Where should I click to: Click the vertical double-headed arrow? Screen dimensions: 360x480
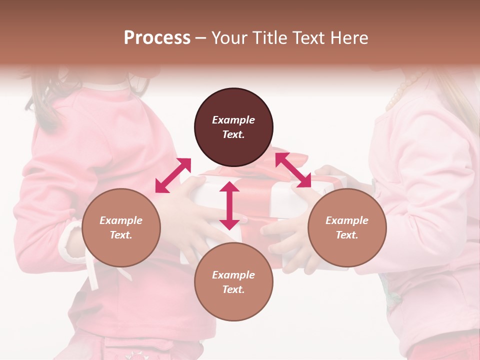pos(229,205)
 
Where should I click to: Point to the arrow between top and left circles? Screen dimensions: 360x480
pos(173,175)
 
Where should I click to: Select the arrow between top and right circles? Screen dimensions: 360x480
pos(293,170)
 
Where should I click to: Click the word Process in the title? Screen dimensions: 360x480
pos(157,38)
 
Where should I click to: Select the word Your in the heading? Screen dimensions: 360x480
pos(229,38)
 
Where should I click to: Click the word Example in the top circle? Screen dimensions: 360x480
pos(233,120)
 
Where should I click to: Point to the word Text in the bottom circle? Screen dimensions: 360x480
pos(233,289)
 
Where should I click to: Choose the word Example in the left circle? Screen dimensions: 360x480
pos(121,220)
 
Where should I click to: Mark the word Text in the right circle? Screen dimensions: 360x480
pos(347,235)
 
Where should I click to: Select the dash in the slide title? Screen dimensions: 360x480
pos(201,38)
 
